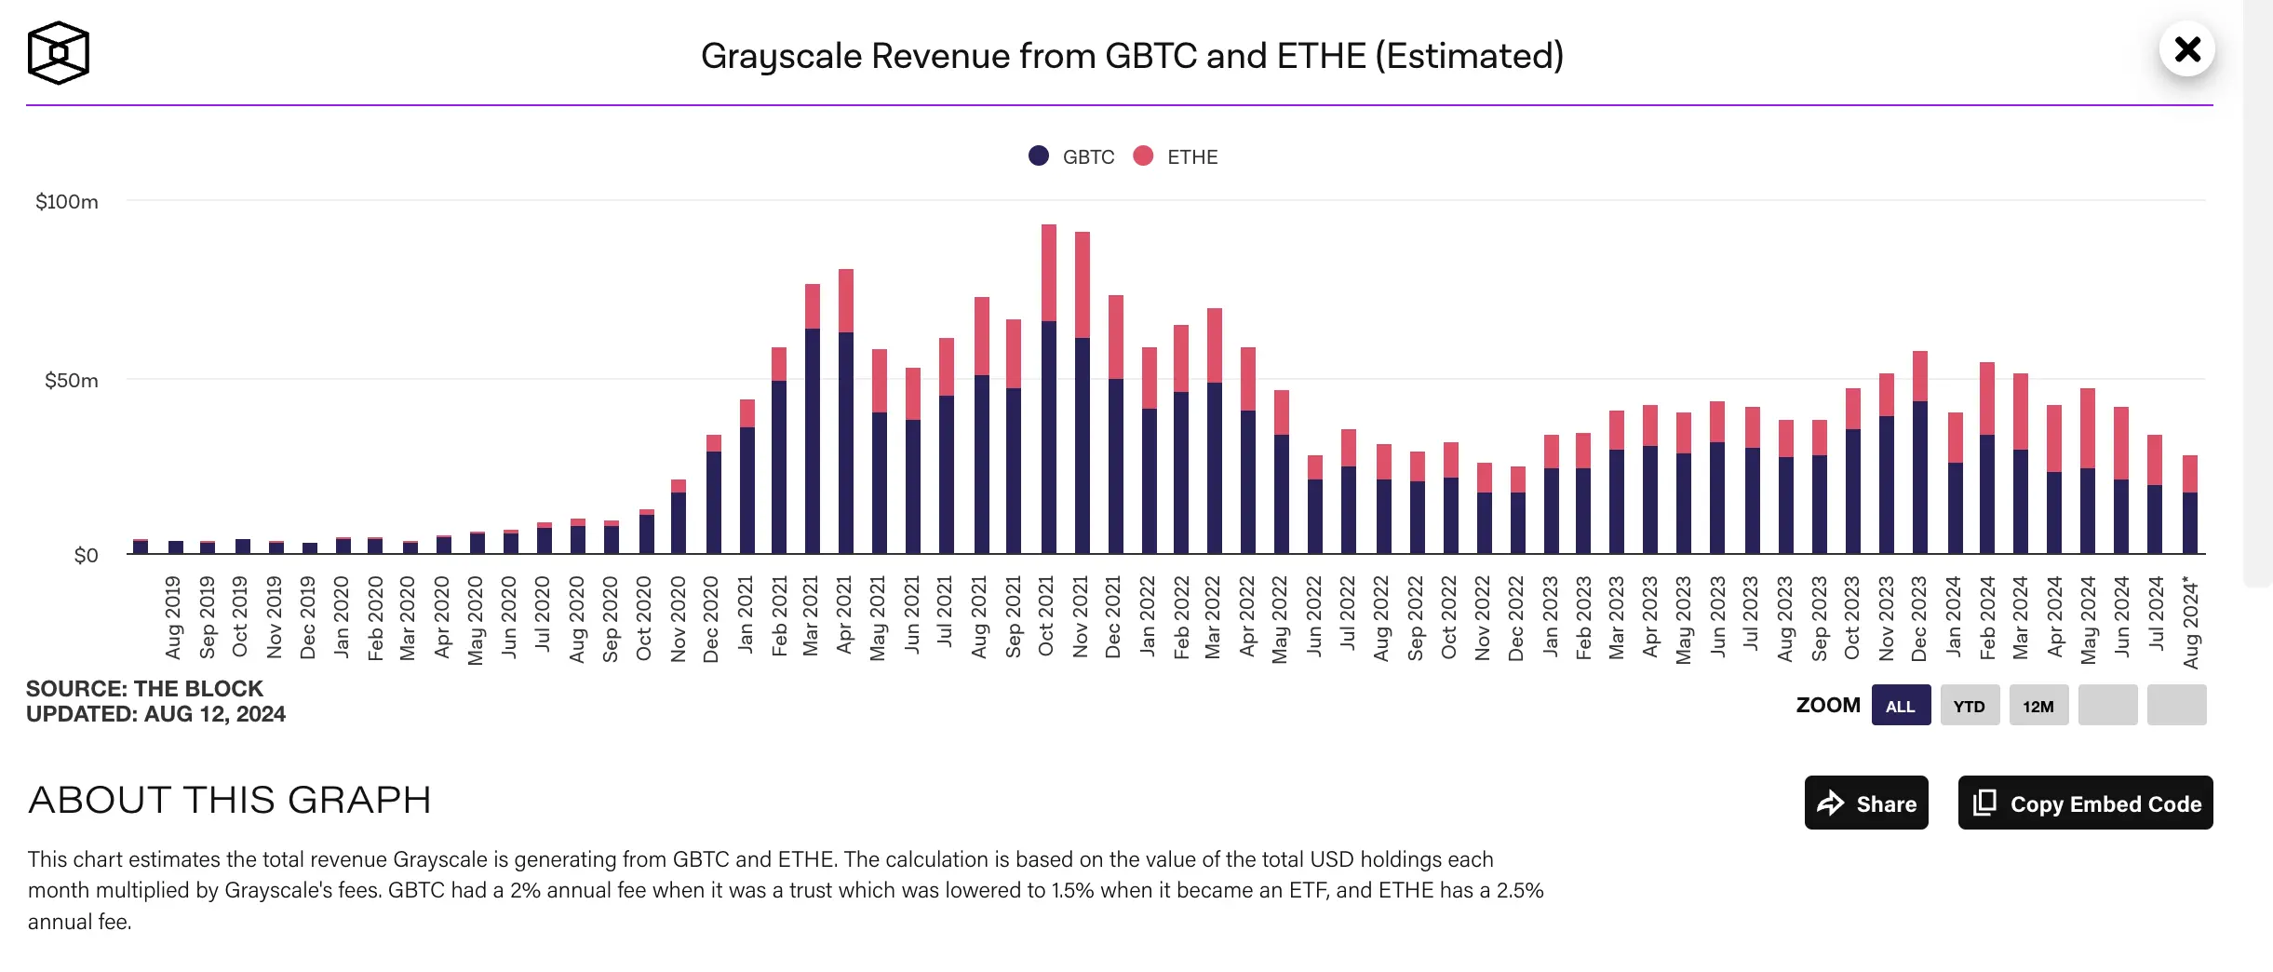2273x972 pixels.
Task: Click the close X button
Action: click(x=2186, y=48)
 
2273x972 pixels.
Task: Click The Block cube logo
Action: click(x=58, y=53)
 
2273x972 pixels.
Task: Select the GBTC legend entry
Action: click(x=1073, y=156)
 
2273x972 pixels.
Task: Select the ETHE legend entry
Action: click(x=1177, y=156)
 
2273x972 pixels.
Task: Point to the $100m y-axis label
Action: click(x=67, y=202)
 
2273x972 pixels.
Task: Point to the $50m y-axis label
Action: click(x=72, y=381)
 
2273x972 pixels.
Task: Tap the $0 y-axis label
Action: click(x=86, y=556)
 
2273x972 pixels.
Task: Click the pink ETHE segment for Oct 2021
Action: click(x=1049, y=273)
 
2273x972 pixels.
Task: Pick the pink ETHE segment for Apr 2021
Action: click(x=846, y=301)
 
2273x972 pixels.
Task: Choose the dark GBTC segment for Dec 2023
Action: click(x=1920, y=477)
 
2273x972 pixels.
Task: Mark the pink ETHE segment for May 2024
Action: click(x=2088, y=428)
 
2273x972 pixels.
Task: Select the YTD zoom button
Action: click(x=1970, y=706)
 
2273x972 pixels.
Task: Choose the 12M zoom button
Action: click(x=2038, y=706)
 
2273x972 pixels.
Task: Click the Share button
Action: click(x=1866, y=803)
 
